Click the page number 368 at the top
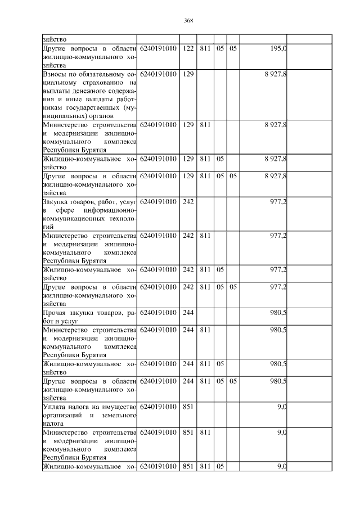pos(188,21)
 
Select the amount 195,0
pos(278,49)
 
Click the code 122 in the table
pos(188,49)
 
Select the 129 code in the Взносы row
pos(188,74)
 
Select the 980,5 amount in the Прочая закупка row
pos(278,313)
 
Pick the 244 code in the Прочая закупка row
pos(188,313)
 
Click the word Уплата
pos(55,407)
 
